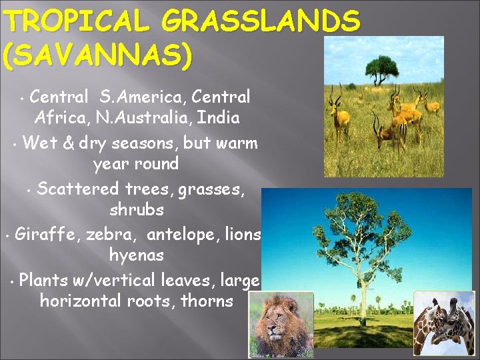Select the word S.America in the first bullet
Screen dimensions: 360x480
click(139, 97)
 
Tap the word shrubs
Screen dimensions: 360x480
click(136, 210)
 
